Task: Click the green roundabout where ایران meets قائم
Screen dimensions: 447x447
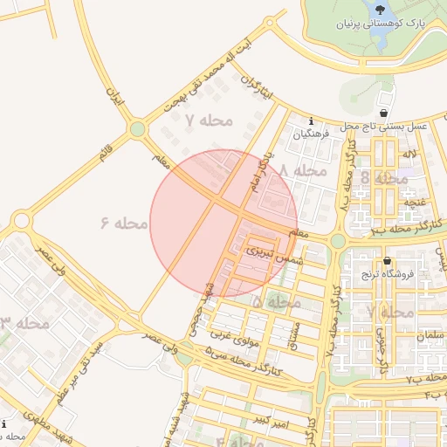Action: click(136, 130)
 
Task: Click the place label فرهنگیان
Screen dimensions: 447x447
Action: click(313, 134)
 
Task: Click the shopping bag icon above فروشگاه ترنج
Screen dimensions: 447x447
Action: click(387, 260)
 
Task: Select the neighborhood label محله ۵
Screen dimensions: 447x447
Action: click(279, 301)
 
